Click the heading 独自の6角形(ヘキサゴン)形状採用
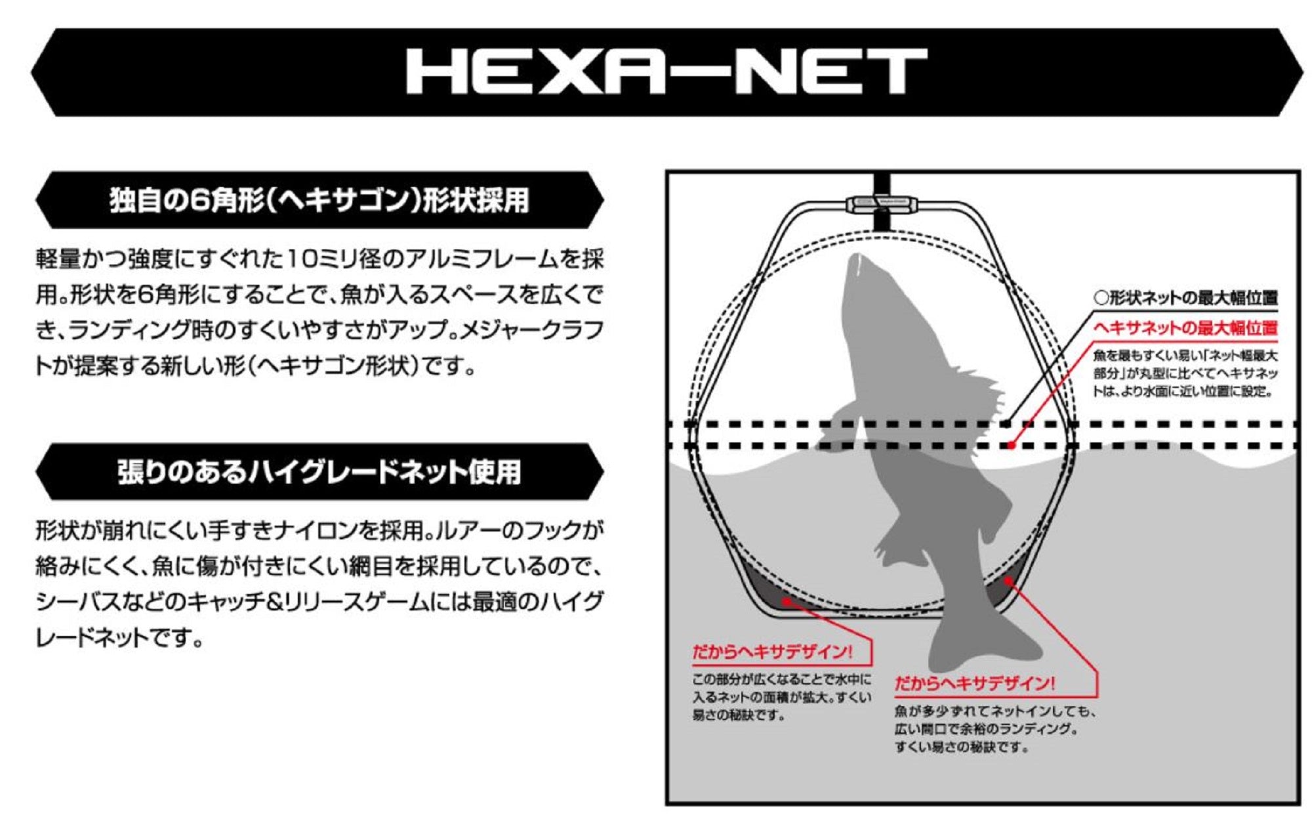pyautogui.click(x=319, y=200)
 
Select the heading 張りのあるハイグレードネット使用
pyautogui.click(x=319, y=472)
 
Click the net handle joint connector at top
pyautogui.click(x=881, y=205)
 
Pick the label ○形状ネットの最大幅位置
pyautogui.click(x=1185, y=298)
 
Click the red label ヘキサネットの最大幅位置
pyautogui.click(x=1185, y=327)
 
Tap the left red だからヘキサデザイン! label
pyautogui.click(x=772, y=652)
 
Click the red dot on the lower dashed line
pyautogui.click(x=1012, y=445)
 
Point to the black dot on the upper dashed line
pyautogui.click(x=1006, y=424)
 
